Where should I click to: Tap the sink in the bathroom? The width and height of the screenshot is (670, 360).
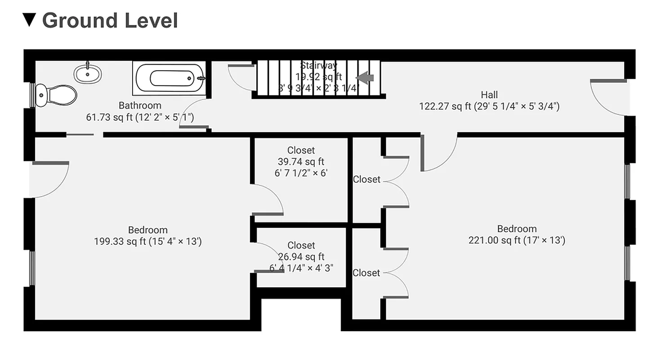[x=88, y=74]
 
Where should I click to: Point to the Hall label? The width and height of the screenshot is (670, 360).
[x=489, y=95]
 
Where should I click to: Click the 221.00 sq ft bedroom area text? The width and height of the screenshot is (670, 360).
[x=517, y=240]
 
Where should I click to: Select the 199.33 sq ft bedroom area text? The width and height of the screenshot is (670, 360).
[x=147, y=242]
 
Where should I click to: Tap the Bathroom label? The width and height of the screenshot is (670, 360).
[x=140, y=106]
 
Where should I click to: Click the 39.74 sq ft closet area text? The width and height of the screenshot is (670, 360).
[x=301, y=162]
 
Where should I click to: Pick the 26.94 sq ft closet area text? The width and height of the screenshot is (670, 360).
[x=301, y=257]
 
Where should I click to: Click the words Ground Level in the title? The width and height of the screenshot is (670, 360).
[x=110, y=21]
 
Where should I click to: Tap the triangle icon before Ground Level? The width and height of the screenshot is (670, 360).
[x=29, y=20]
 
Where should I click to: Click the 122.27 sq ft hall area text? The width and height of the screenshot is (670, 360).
[x=489, y=107]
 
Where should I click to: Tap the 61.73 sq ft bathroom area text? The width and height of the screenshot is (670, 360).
[x=140, y=117]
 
